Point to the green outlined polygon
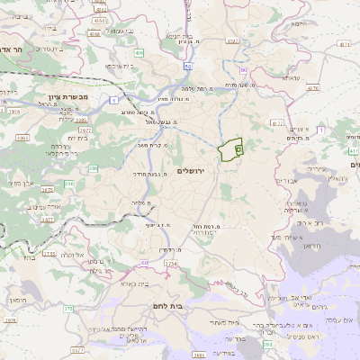tap(230, 150)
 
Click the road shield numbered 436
tap(139, 54)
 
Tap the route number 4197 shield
tap(232, 40)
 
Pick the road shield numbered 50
tap(185, 66)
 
